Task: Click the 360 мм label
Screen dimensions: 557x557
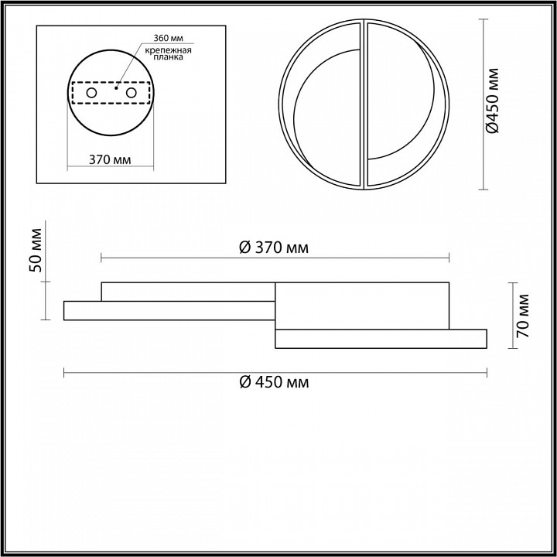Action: (x=168, y=38)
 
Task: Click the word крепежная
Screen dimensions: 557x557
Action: (x=169, y=50)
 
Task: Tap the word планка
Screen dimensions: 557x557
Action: (x=169, y=57)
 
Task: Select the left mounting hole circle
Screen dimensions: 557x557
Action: (x=91, y=93)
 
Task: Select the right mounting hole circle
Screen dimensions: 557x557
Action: (x=131, y=93)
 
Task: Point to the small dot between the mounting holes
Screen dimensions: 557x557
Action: (x=116, y=87)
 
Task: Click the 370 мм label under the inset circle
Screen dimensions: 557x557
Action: (x=110, y=160)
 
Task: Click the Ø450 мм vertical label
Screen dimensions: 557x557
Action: (x=493, y=101)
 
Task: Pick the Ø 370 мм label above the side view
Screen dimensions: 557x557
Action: (x=274, y=248)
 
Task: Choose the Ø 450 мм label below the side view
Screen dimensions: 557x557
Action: (x=274, y=383)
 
